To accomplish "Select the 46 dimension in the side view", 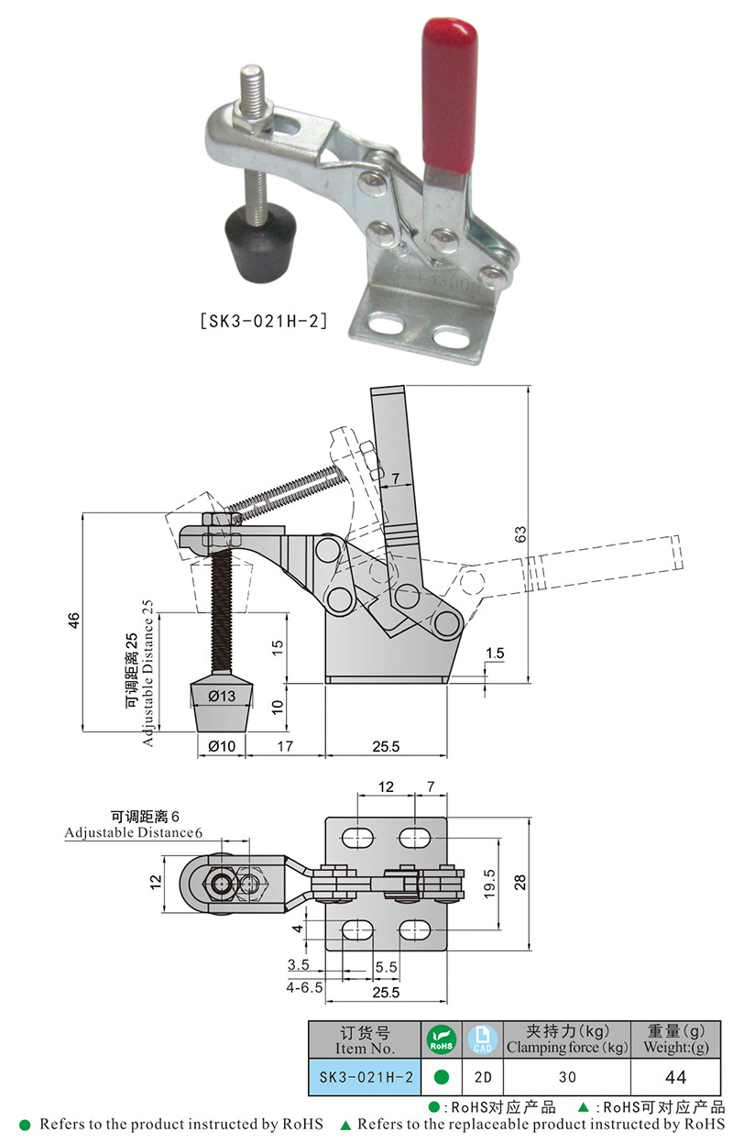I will click(x=74, y=621).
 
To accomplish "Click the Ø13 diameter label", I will click(x=221, y=696).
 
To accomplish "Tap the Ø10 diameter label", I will click(x=221, y=746).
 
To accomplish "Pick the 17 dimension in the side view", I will click(x=285, y=746).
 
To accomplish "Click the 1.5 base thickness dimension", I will click(x=495, y=654).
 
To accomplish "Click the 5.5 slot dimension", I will click(x=386, y=967).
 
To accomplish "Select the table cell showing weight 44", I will click(x=675, y=1077).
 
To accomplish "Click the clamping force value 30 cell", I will click(x=567, y=1077).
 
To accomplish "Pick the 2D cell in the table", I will click(x=482, y=1077).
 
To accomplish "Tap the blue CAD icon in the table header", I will click(x=482, y=1040).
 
